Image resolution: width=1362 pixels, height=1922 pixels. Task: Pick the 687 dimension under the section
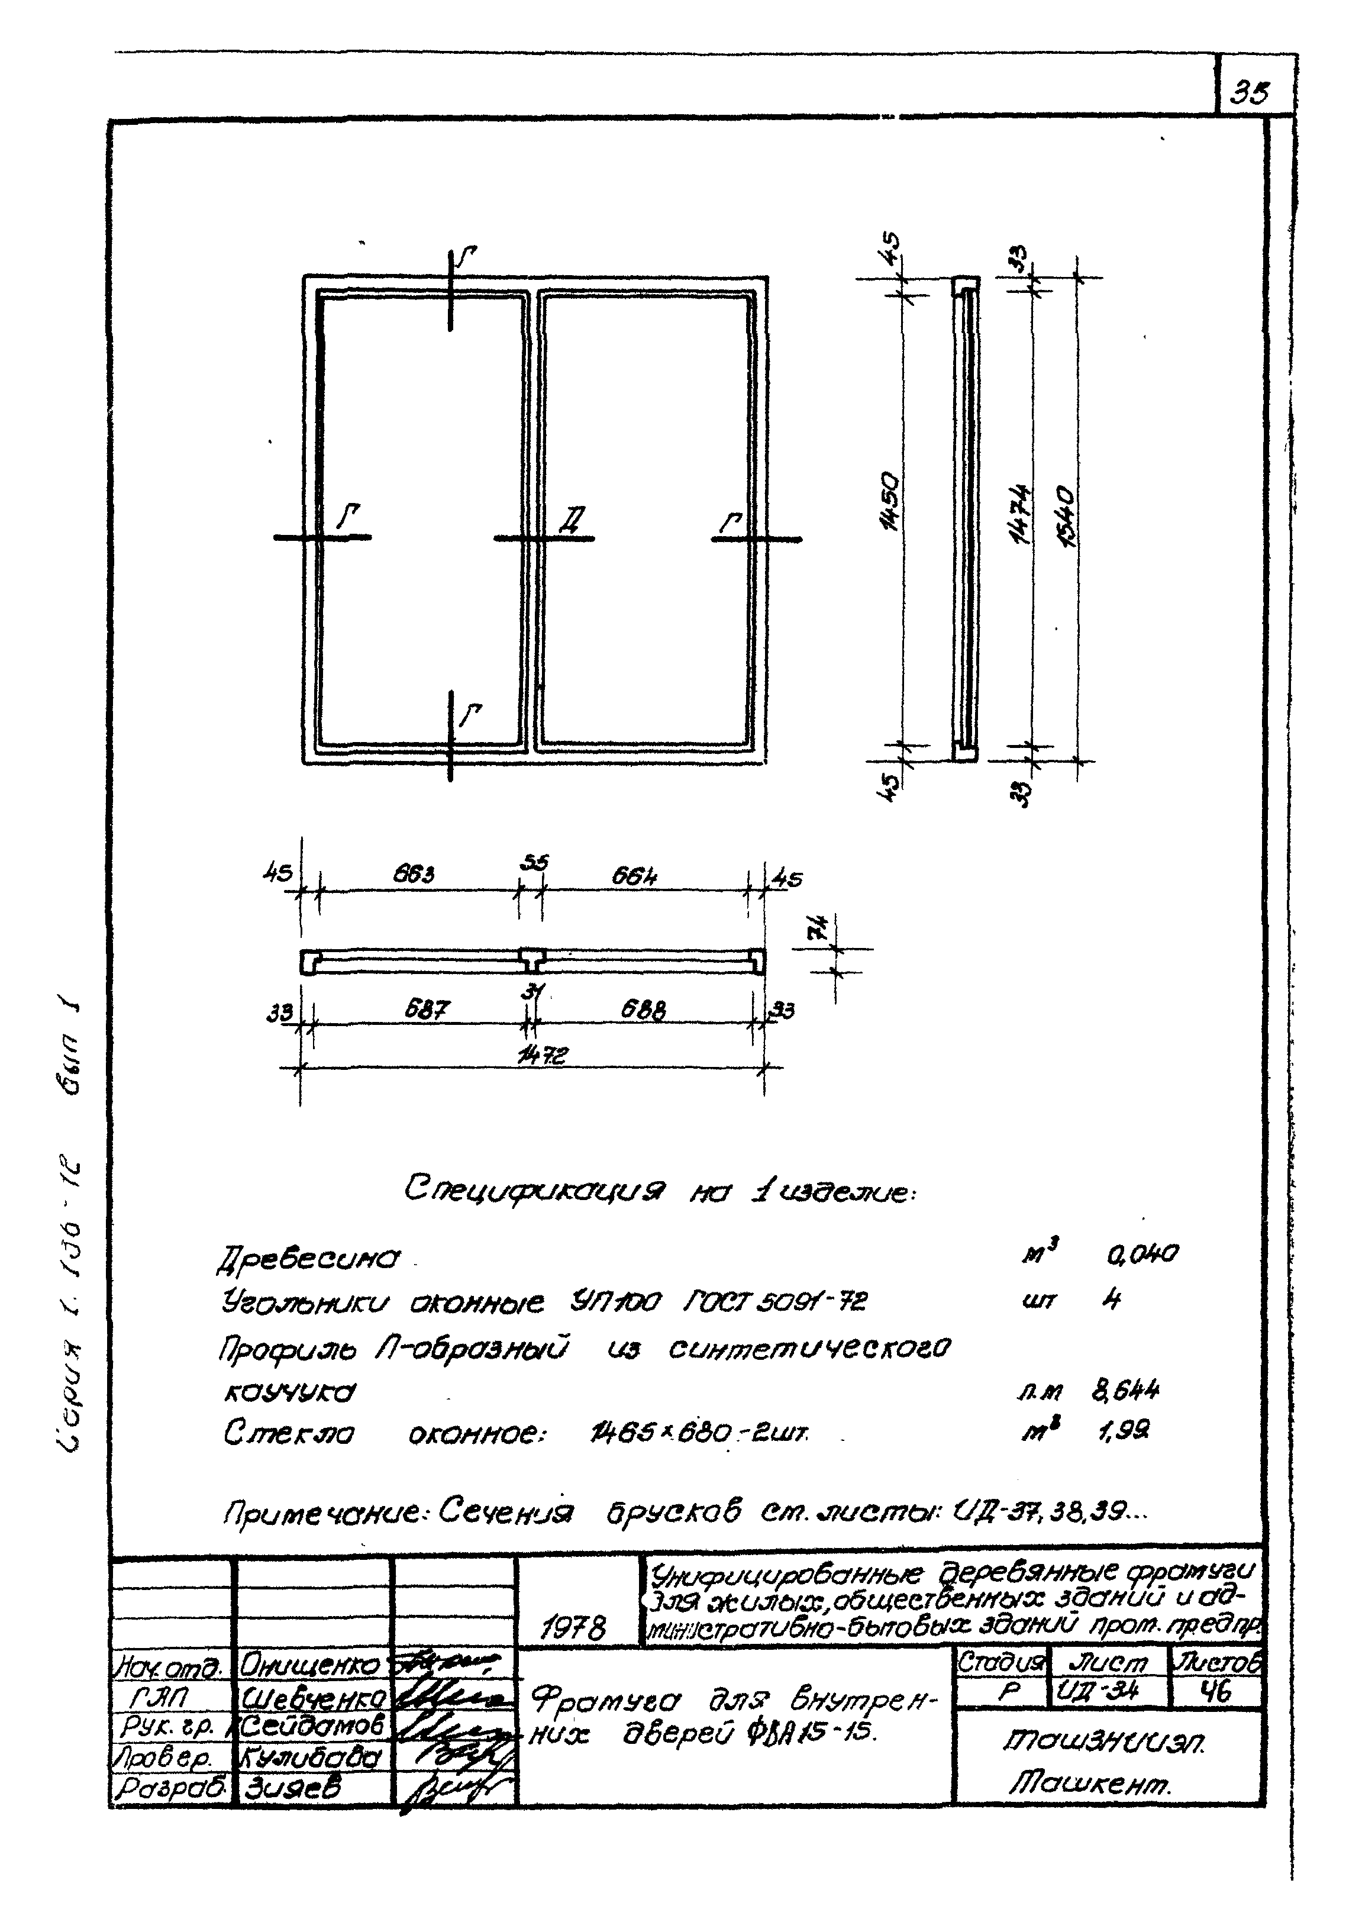tap(427, 1011)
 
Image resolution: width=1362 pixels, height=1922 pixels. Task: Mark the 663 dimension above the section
tap(414, 875)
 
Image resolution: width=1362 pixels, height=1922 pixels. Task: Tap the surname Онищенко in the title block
tap(309, 1665)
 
